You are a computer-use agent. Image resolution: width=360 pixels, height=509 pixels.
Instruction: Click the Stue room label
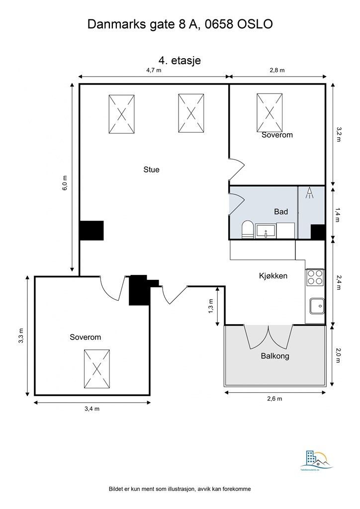(151, 170)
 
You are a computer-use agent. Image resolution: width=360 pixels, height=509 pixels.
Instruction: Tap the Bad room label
(281, 212)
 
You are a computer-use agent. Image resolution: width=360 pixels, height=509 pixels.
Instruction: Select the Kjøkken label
(273, 275)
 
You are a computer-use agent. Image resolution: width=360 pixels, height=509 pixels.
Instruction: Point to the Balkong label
(274, 356)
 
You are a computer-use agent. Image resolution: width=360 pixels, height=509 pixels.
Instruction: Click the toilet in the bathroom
(247, 230)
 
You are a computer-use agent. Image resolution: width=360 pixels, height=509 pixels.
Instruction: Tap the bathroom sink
(266, 231)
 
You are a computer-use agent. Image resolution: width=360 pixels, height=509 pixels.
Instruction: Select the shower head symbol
(310, 192)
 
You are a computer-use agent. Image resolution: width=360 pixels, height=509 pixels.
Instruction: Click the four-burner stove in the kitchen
(315, 277)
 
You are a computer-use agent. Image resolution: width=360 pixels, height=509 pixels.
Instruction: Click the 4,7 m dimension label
(154, 70)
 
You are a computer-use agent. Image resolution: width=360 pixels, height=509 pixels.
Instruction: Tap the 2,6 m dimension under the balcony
(274, 399)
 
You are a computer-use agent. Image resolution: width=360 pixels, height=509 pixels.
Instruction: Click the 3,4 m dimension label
(92, 409)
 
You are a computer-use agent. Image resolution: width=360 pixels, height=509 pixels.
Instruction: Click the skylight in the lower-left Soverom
(96, 368)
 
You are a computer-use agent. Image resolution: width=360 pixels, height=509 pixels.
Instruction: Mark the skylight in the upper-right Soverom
(270, 113)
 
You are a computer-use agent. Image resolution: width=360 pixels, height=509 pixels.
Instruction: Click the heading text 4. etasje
(180, 60)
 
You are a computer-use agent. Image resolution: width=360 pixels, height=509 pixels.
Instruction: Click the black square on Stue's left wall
(91, 230)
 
